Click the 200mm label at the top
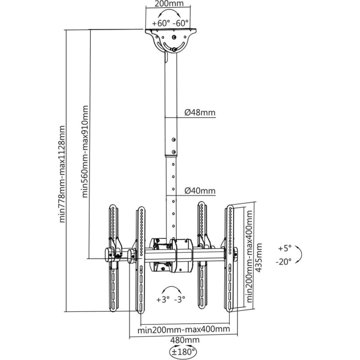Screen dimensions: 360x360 click(169, 4)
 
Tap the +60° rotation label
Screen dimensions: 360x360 click(161, 23)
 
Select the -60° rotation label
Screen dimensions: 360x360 click(180, 23)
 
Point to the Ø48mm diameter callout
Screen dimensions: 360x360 click(200, 112)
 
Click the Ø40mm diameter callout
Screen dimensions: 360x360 click(200, 191)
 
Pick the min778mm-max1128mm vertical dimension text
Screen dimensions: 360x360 click(62, 174)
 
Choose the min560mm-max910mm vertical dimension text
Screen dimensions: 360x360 click(85, 152)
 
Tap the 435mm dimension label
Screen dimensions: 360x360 click(259, 258)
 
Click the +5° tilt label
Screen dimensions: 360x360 click(285, 248)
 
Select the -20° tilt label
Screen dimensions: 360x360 click(284, 261)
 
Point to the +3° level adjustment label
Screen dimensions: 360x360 click(163, 300)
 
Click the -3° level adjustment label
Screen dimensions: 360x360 click(180, 300)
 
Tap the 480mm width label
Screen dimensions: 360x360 click(185, 339)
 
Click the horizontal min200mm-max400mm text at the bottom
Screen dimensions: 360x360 click(184, 329)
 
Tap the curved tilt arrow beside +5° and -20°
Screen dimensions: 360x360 click(300, 255)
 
